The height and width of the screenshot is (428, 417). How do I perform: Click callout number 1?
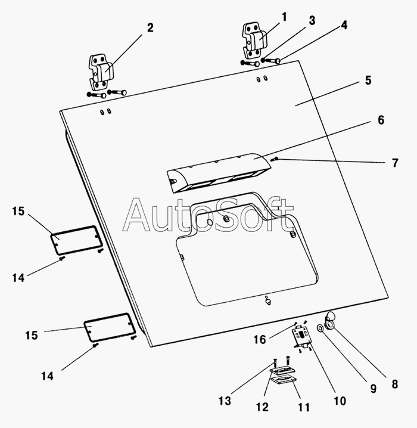point(284,17)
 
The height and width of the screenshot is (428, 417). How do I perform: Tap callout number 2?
point(150,27)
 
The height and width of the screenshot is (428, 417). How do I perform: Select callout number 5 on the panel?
point(369,80)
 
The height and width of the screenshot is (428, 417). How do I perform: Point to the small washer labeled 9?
point(322,328)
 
